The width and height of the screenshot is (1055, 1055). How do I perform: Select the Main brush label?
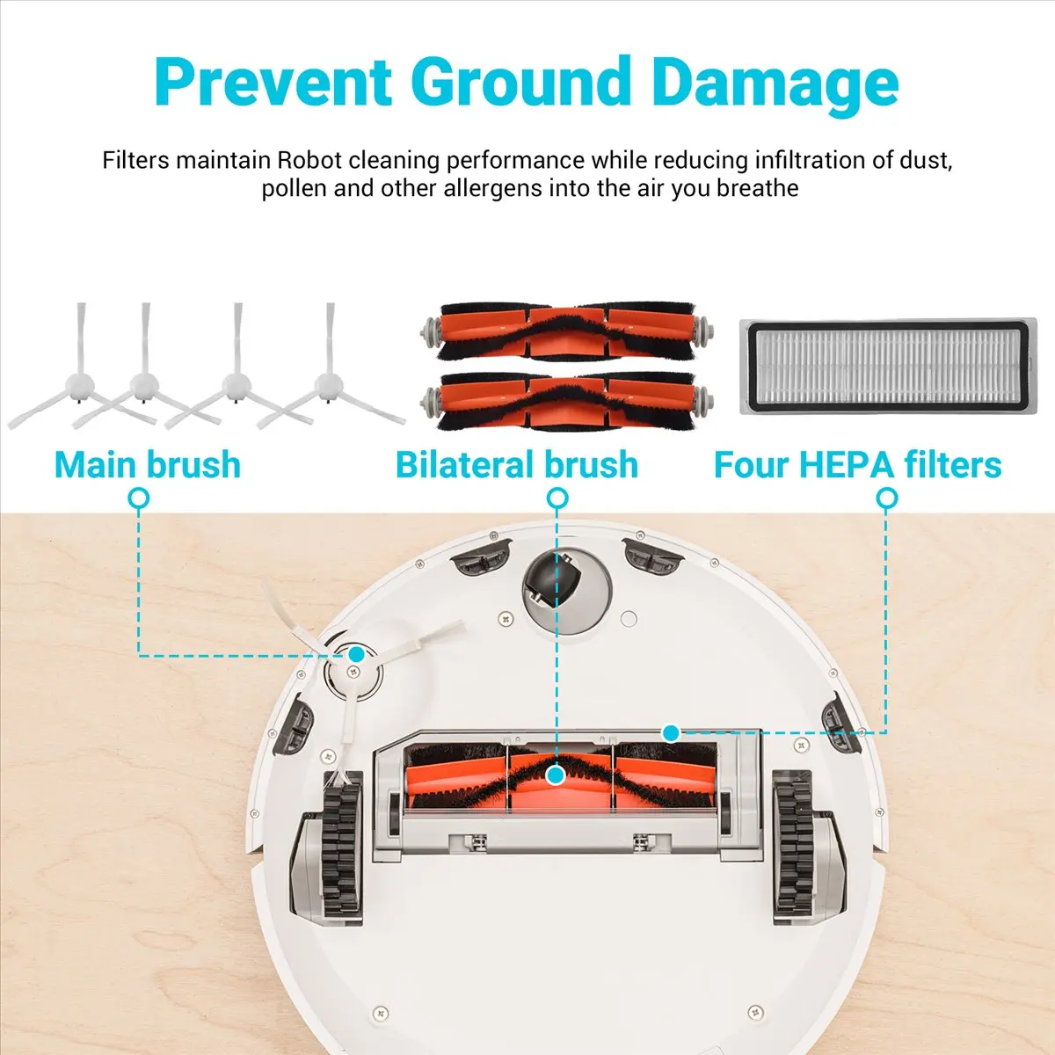(148, 464)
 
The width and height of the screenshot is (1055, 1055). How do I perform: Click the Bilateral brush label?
(517, 464)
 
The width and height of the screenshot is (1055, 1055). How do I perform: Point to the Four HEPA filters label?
(857, 464)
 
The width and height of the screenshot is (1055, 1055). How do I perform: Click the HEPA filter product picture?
(888, 367)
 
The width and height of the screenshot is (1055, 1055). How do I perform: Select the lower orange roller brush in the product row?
(567, 400)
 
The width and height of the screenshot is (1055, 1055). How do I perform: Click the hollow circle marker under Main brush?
(138, 499)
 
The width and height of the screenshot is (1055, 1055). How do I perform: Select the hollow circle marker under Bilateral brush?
(557, 499)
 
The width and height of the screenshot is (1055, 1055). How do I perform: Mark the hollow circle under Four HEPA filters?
(887, 499)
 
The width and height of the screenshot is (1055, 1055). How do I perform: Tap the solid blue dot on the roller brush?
(555, 775)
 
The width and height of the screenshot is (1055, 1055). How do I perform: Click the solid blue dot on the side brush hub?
(356, 654)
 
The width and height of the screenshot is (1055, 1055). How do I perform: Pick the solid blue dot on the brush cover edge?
(671, 731)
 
